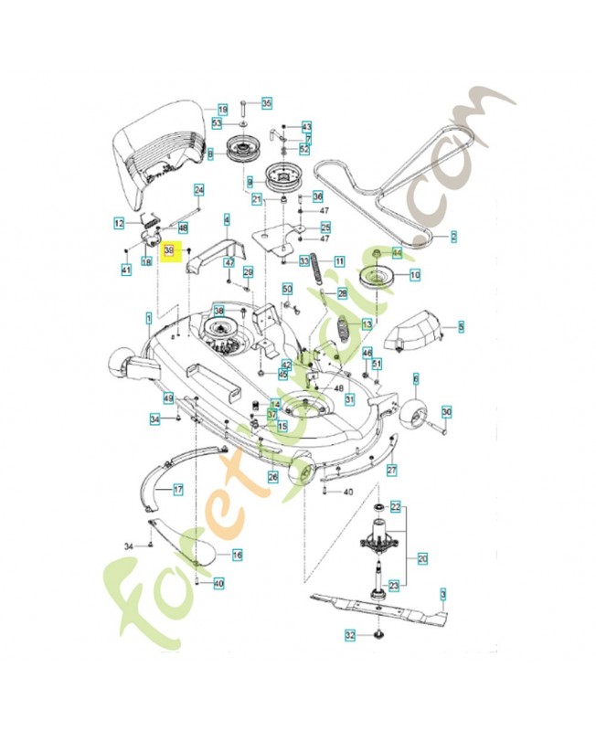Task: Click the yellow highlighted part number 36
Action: tap(168, 249)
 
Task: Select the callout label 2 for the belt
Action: tap(452, 237)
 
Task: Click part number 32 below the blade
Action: tap(349, 634)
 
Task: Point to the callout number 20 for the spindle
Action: tap(421, 557)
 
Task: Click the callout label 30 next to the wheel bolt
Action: tap(446, 412)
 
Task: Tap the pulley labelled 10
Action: tap(377, 278)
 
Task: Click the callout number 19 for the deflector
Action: tap(222, 110)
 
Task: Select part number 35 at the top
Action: tap(266, 103)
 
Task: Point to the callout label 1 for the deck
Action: tap(148, 319)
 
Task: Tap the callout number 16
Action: tap(237, 555)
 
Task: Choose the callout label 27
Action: tap(391, 470)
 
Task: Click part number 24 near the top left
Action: tap(198, 189)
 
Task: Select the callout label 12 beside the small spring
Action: tap(119, 223)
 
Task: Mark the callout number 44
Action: tap(397, 251)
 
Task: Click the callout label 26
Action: tap(272, 477)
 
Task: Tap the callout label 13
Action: tap(367, 324)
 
